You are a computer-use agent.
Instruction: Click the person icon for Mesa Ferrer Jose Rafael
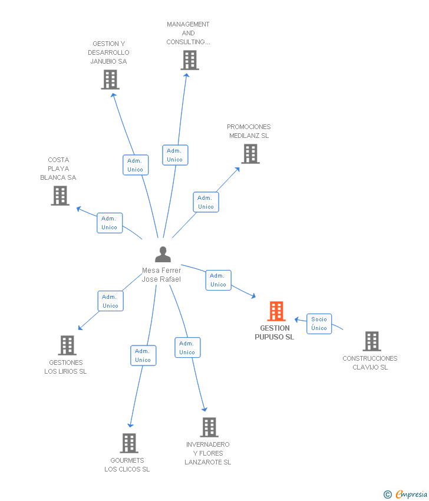click(163, 254)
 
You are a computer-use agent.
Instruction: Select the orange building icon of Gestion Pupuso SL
click(276, 311)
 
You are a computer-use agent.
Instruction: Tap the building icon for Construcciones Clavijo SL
click(371, 341)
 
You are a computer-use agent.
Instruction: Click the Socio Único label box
click(319, 324)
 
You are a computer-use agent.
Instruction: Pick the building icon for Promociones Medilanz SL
click(250, 154)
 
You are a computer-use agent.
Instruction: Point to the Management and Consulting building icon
click(189, 60)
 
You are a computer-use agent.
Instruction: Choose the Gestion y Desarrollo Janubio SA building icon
click(110, 80)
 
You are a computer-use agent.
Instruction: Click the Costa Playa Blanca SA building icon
click(60, 196)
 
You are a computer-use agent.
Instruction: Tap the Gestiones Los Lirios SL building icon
click(67, 345)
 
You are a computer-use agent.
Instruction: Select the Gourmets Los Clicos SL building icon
click(128, 443)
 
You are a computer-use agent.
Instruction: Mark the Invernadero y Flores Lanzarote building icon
click(209, 427)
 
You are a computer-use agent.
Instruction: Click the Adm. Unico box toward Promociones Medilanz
click(206, 202)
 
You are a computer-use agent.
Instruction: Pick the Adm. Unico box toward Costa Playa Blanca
click(110, 223)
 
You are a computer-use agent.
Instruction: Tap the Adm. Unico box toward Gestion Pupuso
click(218, 280)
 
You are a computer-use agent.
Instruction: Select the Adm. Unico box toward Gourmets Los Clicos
click(143, 355)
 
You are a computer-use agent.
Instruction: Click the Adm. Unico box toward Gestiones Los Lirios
click(110, 301)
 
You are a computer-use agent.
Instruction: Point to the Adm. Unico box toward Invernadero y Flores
click(187, 348)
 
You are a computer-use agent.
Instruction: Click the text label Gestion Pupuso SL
click(274, 333)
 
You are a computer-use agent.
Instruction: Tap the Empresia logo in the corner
click(406, 494)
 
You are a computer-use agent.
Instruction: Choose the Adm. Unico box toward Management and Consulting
click(175, 155)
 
